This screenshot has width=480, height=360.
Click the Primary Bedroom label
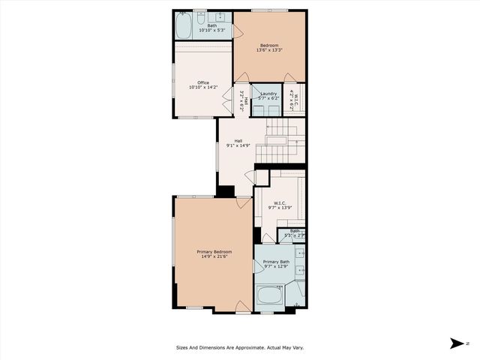[x=214, y=251]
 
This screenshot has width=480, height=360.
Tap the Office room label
[x=202, y=82]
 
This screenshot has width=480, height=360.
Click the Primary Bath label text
[x=275, y=262]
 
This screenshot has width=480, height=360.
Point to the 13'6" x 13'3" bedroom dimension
[x=271, y=50]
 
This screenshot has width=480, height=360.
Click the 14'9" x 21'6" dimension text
[x=214, y=256]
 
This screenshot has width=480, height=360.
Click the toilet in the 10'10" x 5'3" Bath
[x=200, y=16]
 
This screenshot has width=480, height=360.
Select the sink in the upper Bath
[x=221, y=16]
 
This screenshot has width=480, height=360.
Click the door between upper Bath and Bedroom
[x=235, y=31]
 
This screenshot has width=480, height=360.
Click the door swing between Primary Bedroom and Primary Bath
[x=258, y=267]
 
